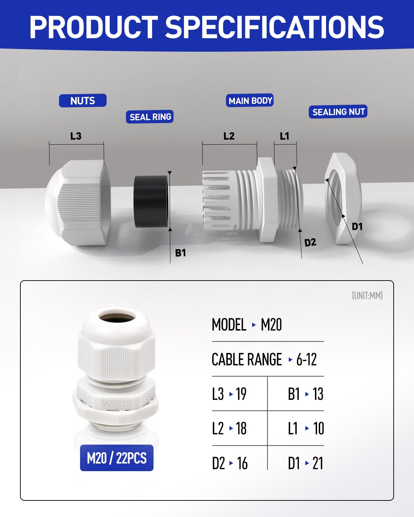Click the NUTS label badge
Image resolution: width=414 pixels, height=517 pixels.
[82, 100]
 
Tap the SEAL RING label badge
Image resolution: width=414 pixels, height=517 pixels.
[150, 117]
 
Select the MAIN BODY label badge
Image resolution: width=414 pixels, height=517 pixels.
[250, 100]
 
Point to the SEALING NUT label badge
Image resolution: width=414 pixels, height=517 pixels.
[338, 111]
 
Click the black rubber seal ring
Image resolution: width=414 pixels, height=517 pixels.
[151, 202]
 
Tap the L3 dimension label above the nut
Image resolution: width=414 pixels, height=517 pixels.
[76, 136]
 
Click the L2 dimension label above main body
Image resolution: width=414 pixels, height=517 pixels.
[229, 136]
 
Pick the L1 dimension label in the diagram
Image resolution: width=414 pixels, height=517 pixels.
[284, 136]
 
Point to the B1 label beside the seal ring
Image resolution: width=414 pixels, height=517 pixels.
[180, 253]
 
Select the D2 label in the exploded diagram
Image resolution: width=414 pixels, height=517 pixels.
[310, 242]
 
